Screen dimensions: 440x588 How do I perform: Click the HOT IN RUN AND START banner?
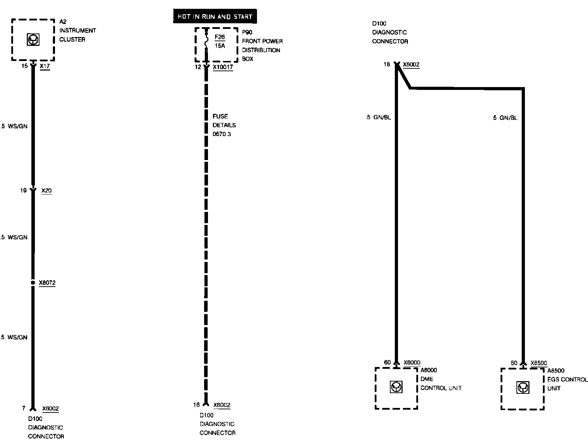(x=215, y=17)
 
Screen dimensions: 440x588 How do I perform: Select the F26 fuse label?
(x=220, y=37)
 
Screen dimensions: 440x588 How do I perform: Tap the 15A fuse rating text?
(x=220, y=46)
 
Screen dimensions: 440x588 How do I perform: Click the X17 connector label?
(x=45, y=66)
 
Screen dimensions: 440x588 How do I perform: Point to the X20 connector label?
(x=46, y=190)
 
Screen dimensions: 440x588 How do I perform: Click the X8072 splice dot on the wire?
(x=33, y=282)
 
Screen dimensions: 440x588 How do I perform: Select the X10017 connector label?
(x=223, y=67)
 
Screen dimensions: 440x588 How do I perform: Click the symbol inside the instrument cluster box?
(x=33, y=39)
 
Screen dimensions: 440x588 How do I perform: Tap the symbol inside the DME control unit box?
(x=396, y=387)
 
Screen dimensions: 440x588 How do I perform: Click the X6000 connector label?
(x=412, y=362)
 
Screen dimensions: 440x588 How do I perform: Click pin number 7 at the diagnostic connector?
(x=24, y=408)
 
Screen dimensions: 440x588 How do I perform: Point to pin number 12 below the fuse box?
(x=198, y=67)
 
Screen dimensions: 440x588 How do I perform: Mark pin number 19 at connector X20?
(x=23, y=190)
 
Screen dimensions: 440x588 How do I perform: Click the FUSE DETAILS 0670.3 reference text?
(x=224, y=125)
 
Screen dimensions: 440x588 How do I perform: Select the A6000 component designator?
(x=428, y=370)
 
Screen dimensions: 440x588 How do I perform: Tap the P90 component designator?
(x=247, y=32)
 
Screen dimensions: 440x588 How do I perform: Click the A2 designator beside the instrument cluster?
(x=62, y=22)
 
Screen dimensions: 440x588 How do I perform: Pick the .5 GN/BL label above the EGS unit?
(x=505, y=118)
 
